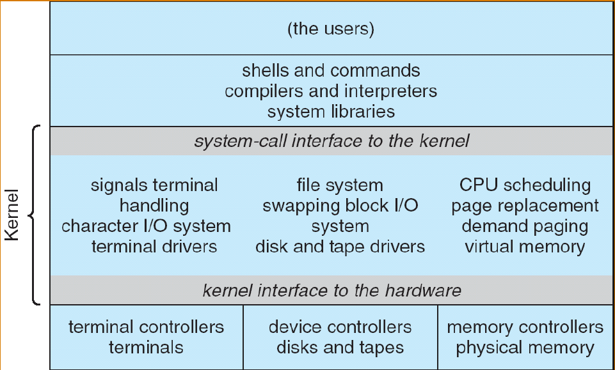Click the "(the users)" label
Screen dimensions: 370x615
pos(331,29)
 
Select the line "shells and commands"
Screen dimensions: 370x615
pos(331,70)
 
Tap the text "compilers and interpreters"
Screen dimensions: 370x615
pos(331,91)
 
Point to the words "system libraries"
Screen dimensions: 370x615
pos(331,112)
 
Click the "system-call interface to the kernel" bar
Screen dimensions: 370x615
pos(331,141)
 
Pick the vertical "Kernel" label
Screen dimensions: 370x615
pos(13,214)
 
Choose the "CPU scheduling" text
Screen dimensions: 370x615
pos(525,185)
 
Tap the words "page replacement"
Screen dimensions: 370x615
pos(525,206)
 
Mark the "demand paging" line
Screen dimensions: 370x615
pos(525,226)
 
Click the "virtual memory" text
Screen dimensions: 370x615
pos(525,247)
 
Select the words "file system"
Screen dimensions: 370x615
pos(340,185)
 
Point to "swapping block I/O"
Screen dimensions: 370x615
pos(340,206)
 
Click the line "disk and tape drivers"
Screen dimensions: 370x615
pos(340,247)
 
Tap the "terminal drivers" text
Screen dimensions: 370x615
pos(154,247)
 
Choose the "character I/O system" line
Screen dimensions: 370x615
pos(146,226)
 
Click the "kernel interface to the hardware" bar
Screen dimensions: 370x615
pos(331,291)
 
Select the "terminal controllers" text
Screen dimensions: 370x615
pos(146,327)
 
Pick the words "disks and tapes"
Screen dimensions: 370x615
pos(340,348)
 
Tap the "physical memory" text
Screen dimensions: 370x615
pos(525,348)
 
